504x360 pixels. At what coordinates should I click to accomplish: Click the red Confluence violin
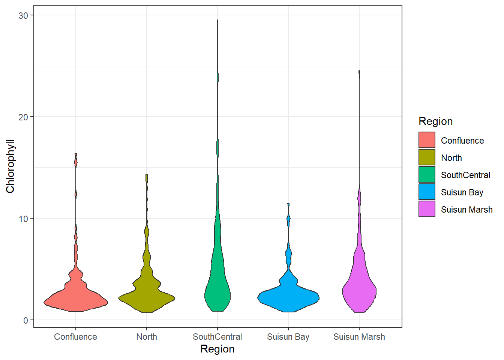coord(76,300)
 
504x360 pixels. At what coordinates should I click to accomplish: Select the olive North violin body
coord(147,298)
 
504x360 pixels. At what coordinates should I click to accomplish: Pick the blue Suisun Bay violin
coord(288,298)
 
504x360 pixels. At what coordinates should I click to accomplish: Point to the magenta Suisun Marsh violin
coord(359,291)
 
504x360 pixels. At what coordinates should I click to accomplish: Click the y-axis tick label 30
coord(23,15)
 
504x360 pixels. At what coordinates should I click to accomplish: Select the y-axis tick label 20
coord(23,117)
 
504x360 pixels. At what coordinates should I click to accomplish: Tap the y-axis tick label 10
coord(23,219)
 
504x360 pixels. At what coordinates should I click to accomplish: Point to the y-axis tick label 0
coord(25,320)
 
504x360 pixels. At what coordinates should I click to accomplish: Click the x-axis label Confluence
coord(75,337)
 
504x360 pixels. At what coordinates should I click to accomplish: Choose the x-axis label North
coord(147,337)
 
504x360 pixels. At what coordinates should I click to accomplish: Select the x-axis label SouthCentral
coord(217,337)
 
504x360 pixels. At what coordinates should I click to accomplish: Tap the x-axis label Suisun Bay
coord(288,337)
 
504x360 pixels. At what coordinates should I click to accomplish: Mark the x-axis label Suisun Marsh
coord(359,337)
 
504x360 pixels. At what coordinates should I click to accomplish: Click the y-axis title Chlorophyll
coord(10,166)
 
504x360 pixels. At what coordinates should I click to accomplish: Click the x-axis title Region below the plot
coord(217,349)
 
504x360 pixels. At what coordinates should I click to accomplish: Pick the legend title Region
coord(436,121)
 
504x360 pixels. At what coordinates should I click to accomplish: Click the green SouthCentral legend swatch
coord(427,175)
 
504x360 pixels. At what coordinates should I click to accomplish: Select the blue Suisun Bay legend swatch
coord(427,192)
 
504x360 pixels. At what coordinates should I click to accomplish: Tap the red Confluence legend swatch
coord(427,140)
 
